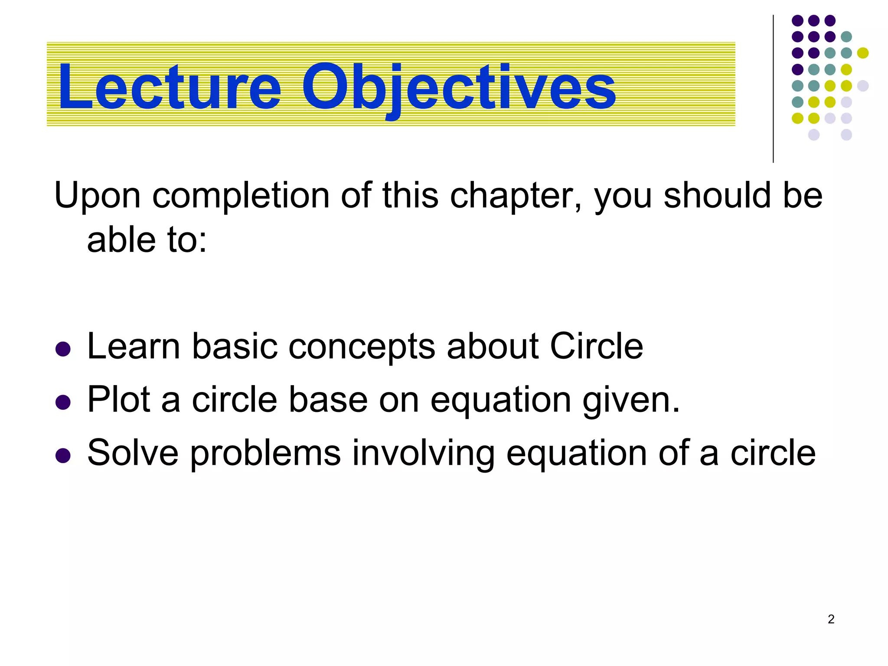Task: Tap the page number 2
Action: pyautogui.click(x=831, y=619)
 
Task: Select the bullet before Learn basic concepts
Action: pyautogui.click(x=63, y=349)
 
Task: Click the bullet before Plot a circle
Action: pyautogui.click(x=63, y=402)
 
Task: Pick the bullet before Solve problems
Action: pyautogui.click(x=63, y=455)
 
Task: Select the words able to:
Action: pyautogui.click(x=147, y=240)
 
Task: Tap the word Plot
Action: pyautogui.click(x=118, y=399)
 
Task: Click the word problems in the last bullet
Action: pyautogui.click(x=265, y=454)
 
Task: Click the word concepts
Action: pyautogui.click(x=362, y=347)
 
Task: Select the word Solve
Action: pyautogui.click(x=133, y=453)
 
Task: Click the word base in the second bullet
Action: pyautogui.click(x=328, y=399)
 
